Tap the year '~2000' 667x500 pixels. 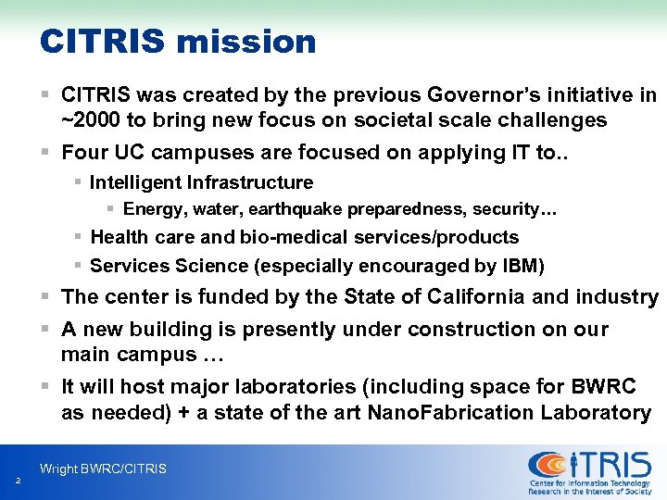pyautogui.click(x=90, y=120)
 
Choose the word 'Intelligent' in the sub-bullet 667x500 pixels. pyautogui.click(x=136, y=182)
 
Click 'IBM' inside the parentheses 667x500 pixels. pyautogui.click(x=521, y=267)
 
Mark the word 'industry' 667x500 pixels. pyautogui.click(x=617, y=297)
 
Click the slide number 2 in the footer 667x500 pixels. pyautogui.click(x=18, y=480)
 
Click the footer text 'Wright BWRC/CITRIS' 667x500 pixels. pyautogui.click(x=103, y=469)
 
